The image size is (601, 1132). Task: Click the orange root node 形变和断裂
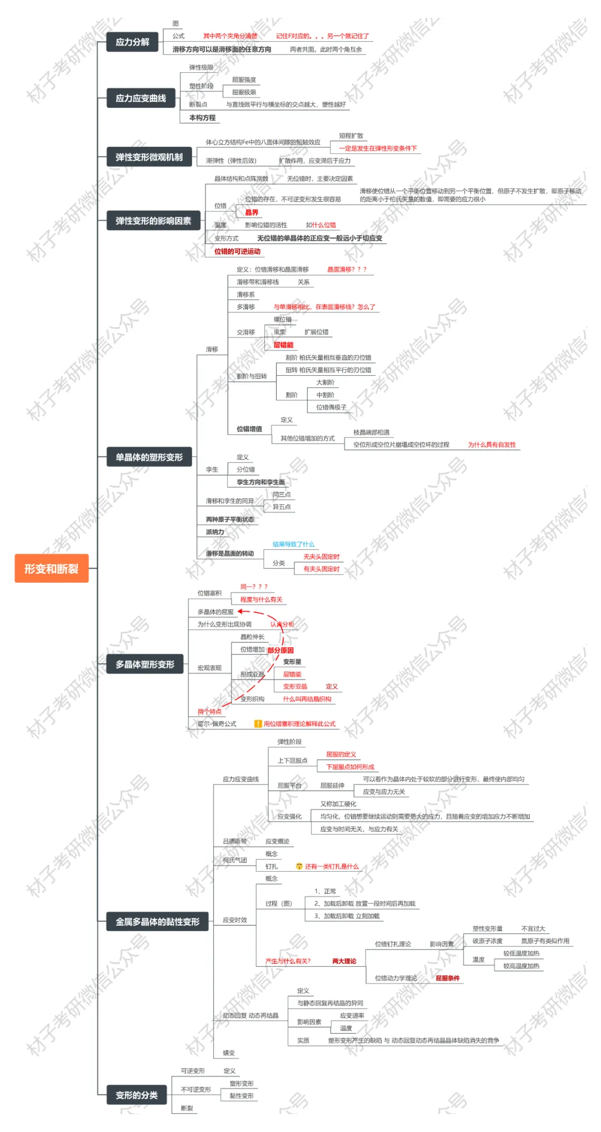(51, 568)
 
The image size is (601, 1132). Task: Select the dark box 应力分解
(132, 42)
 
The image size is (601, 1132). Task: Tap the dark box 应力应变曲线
(141, 98)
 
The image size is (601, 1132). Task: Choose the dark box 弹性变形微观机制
(149, 157)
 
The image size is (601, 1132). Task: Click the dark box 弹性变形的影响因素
(153, 221)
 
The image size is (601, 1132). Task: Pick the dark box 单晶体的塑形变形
(149, 457)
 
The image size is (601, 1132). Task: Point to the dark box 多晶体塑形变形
(145, 664)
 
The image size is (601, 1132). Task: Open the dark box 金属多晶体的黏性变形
(157, 921)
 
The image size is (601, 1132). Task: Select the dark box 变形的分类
(136, 1095)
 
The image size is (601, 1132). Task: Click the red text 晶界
(252, 212)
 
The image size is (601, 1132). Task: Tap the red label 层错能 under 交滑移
(283, 345)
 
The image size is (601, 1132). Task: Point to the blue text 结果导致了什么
(293, 544)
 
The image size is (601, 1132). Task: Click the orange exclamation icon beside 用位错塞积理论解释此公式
(258, 723)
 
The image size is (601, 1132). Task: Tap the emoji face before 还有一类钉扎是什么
(299, 866)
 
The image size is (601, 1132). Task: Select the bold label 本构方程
(202, 118)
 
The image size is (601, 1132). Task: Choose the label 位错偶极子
(331, 407)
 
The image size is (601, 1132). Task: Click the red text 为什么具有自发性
(492, 444)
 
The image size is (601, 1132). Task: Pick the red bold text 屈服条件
(447, 978)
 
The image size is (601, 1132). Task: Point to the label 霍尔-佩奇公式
(217, 724)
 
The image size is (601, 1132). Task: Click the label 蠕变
(229, 1052)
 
